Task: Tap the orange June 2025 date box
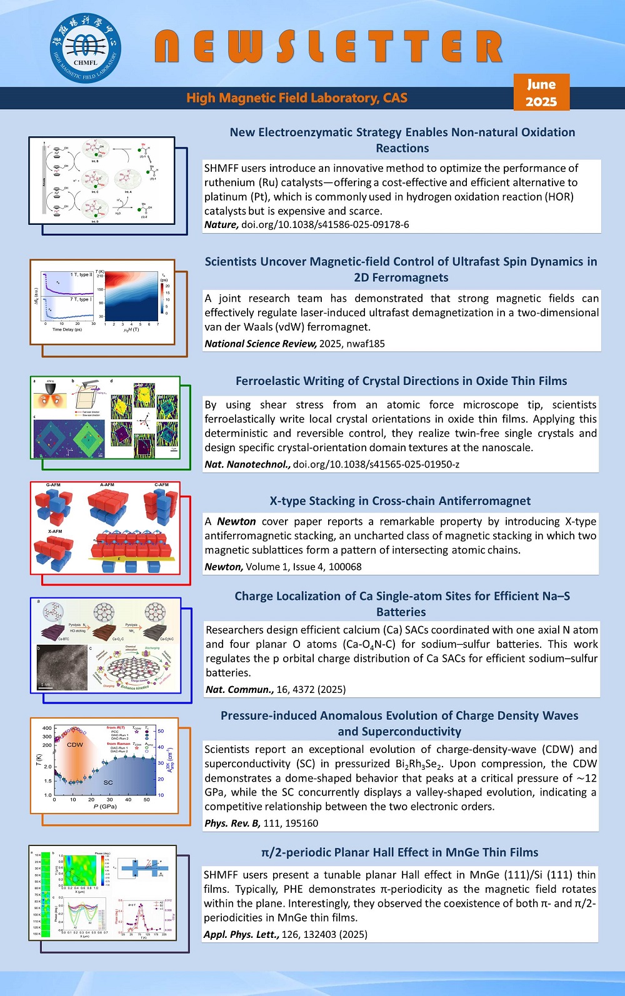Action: [541, 92]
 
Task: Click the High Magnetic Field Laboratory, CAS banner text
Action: [297, 98]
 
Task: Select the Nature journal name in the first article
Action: [221, 224]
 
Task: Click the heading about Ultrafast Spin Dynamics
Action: [401, 269]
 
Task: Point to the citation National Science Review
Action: [261, 343]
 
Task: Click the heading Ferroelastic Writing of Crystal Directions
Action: [401, 381]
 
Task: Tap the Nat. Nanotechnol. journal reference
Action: [247, 464]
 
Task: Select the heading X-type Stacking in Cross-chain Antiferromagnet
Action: [400, 500]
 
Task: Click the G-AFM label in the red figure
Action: [53, 485]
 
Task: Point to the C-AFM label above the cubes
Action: [161, 485]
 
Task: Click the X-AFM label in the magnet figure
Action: [55, 531]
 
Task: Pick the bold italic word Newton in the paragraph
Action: [236, 521]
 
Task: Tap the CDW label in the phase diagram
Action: [75, 745]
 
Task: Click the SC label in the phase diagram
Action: [108, 782]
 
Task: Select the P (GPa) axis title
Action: [105, 807]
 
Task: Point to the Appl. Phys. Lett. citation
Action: [241, 934]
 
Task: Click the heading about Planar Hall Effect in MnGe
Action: [399, 852]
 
